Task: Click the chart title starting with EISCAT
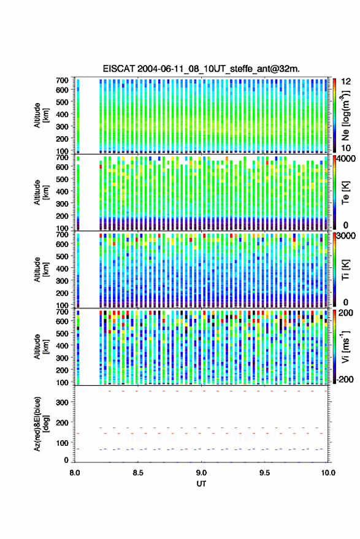pos(201,69)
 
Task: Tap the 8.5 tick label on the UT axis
pos(138,473)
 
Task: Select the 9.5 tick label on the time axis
pos(264,473)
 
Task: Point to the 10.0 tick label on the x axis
pos(328,473)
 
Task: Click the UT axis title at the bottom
pos(201,484)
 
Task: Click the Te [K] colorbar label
pos(345,193)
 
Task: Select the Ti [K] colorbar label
pos(345,270)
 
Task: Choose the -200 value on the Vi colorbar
pos(345,379)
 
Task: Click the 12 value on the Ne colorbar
pos(347,82)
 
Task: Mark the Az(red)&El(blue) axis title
pos(40,424)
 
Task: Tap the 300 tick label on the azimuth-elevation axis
pos(62,402)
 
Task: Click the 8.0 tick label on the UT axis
pos(75,473)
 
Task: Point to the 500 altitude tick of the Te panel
pos(62,179)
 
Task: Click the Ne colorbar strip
pos(334,115)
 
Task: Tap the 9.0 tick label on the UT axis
pos(201,473)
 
